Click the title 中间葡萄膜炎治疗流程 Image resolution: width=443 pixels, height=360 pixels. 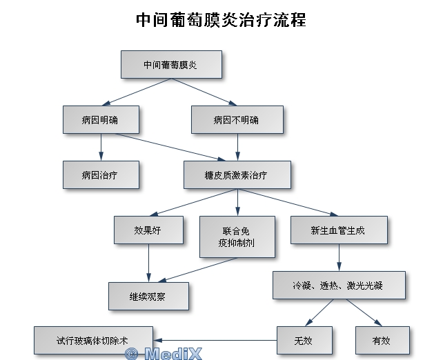(x=221, y=19)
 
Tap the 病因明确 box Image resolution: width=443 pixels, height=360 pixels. (x=101, y=119)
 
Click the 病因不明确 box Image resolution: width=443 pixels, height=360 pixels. (x=237, y=119)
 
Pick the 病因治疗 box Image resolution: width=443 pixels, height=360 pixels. (x=101, y=175)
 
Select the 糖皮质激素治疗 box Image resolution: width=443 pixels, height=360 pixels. (x=237, y=175)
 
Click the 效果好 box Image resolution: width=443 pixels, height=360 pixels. (x=149, y=230)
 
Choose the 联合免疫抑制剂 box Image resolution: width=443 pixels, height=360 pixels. (x=237, y=237)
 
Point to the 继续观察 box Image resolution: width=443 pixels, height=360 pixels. (x=149, y=296)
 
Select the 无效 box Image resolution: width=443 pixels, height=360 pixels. (x=304, y=340)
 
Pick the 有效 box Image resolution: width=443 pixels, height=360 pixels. (x=382, y=340)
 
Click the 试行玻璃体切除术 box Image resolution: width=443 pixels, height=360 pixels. (x=92, y=340)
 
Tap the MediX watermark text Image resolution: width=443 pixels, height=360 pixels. (x=164, y=354)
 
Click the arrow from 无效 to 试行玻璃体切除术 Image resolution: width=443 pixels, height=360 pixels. (x=214, y=340)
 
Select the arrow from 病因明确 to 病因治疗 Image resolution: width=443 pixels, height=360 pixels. (x=101, y=147)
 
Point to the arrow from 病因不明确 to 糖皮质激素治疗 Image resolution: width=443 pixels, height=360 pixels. (x=237, y=147)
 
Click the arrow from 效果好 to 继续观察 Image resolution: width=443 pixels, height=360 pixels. (x=149, y=262)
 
